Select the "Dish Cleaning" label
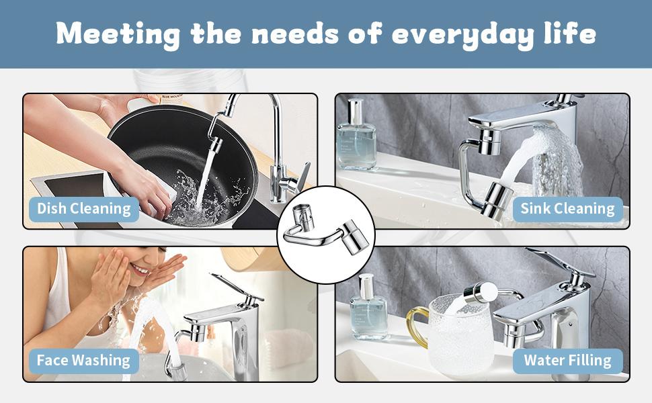click(83, 208)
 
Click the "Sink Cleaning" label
click(567, 208)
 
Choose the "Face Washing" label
click(83, 360)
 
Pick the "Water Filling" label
click(567, 360)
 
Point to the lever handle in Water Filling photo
click(558, 262)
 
